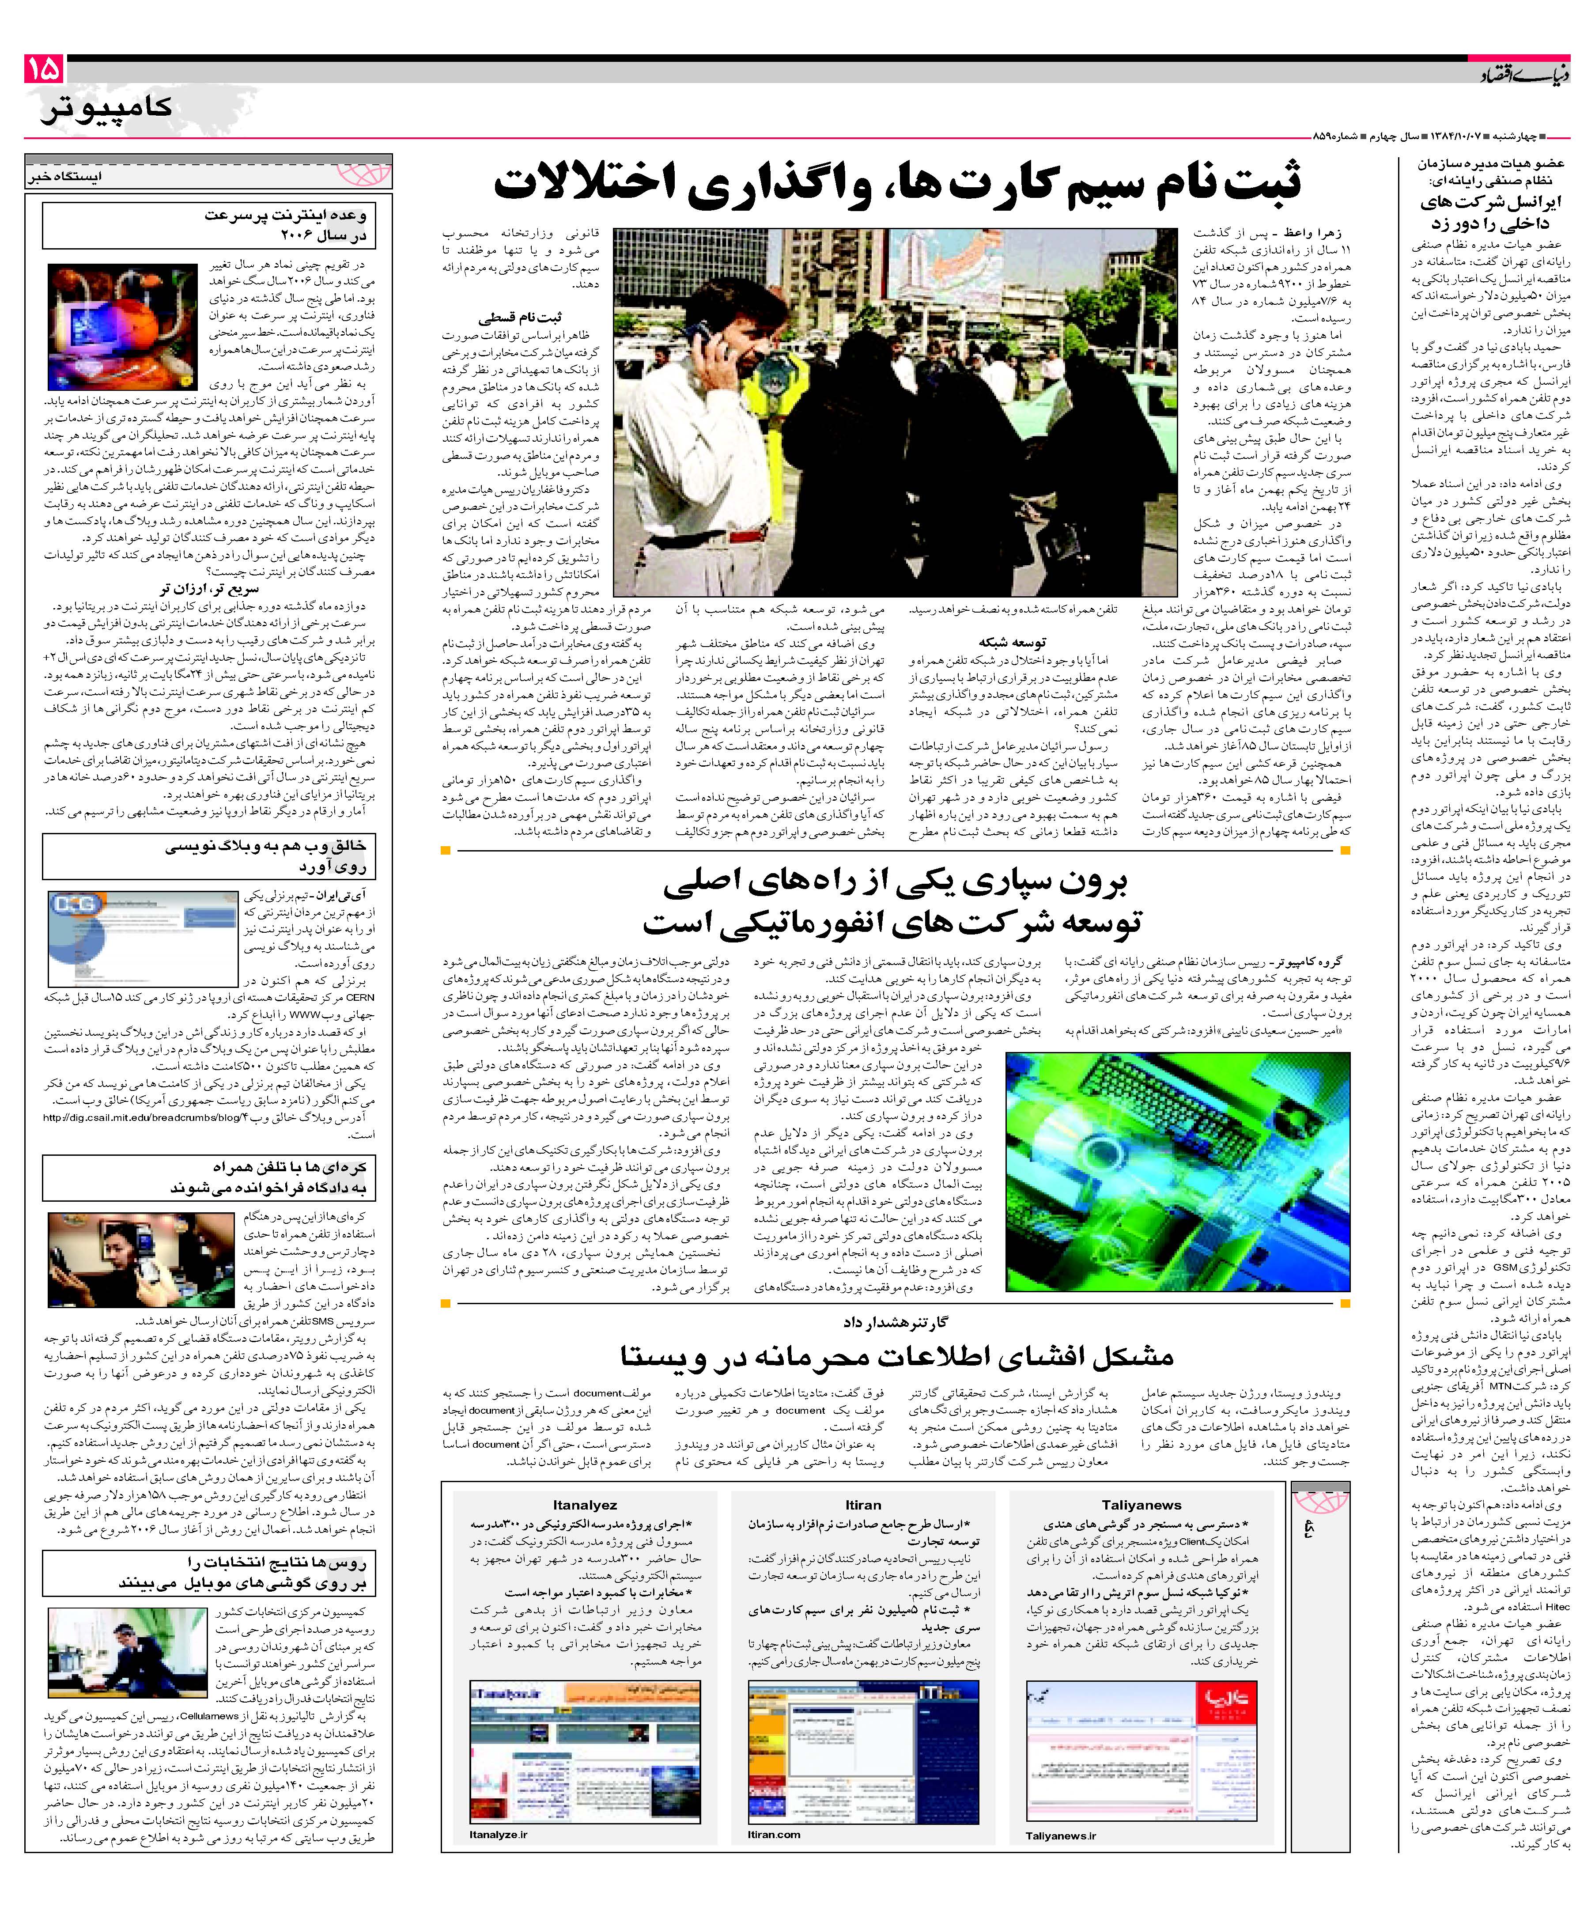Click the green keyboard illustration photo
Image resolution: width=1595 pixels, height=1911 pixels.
tap(1178, 1171)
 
